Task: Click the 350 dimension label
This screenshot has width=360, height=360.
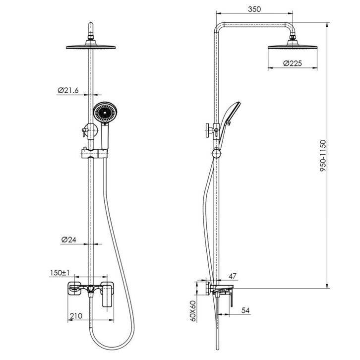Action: point(254,9)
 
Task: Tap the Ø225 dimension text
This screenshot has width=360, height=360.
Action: point(292,63)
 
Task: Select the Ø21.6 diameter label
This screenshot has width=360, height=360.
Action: point(68,90)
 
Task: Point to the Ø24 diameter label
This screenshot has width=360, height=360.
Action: point(68,240)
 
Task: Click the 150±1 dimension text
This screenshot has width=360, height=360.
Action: point(60,273)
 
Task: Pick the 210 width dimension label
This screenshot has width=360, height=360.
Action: point(76,316)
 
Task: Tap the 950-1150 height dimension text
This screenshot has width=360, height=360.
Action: point(323,156)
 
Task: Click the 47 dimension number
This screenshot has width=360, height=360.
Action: point(233,276)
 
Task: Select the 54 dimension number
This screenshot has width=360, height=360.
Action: point(245,310)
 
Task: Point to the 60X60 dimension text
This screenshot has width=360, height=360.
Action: point(193,311)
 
